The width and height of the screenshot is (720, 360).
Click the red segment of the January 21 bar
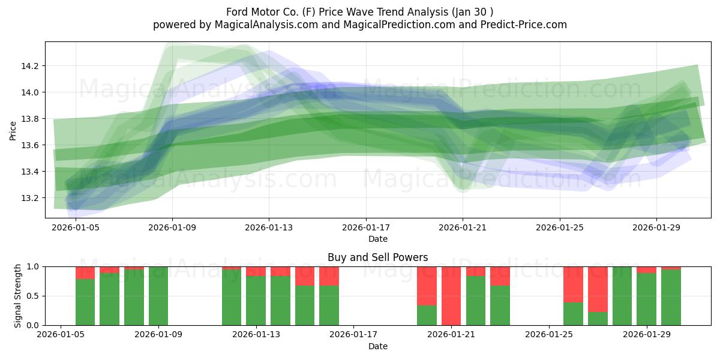(451, 294)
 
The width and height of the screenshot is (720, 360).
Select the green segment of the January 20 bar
(427, 316)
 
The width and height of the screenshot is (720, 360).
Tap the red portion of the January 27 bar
(598, 289)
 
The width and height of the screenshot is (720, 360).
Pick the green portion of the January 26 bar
(573, 314)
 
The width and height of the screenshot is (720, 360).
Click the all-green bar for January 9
(158, 296)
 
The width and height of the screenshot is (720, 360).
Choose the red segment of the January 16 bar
(329, 275)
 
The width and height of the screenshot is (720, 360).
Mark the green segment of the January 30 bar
(671, 298)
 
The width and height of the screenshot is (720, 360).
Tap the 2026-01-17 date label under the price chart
(366, 228)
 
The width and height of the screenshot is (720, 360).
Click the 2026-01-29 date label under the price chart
(656, 228)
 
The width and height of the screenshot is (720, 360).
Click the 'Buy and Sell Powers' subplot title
(378, 257)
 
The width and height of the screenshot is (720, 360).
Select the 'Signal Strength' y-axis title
(18, 296)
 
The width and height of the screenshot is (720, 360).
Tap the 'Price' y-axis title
(13, 130)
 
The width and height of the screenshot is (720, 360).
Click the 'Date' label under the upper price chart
(378, 239)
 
